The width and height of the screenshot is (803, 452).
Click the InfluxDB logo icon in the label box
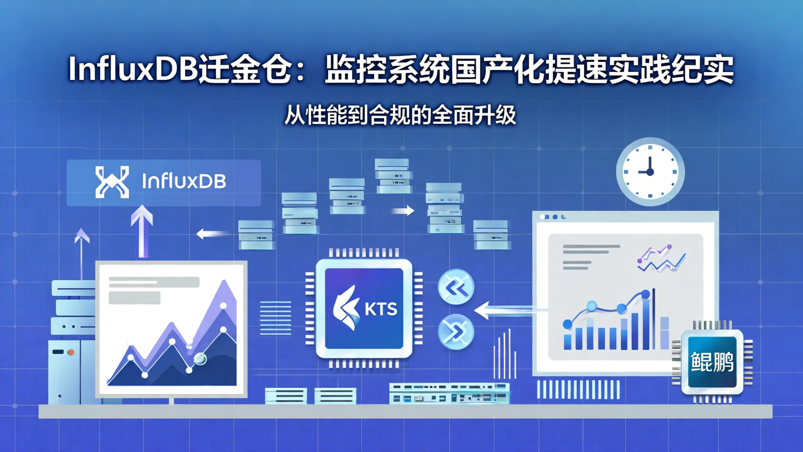tap(112, 182)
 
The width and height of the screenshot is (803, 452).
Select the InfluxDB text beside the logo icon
tap(184, 181)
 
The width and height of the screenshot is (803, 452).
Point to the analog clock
tap(650, 172)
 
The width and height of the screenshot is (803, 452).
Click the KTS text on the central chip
tap(380, 309)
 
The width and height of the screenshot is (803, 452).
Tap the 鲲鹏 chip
tap(712, 362)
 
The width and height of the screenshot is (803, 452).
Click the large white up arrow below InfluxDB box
tap(142, 229)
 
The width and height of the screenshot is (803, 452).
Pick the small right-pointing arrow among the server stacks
tap(403, 210)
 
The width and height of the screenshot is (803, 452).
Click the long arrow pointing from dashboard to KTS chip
tap(507, 310)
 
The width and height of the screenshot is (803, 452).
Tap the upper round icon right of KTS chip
tap(456, 288)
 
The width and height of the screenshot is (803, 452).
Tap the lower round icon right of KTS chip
tap(456, 332)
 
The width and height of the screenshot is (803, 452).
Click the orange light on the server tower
tap(71, 352)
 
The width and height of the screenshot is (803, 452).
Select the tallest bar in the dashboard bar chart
tap(646, 324)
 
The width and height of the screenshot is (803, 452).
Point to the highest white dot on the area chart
tap(224, 306)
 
